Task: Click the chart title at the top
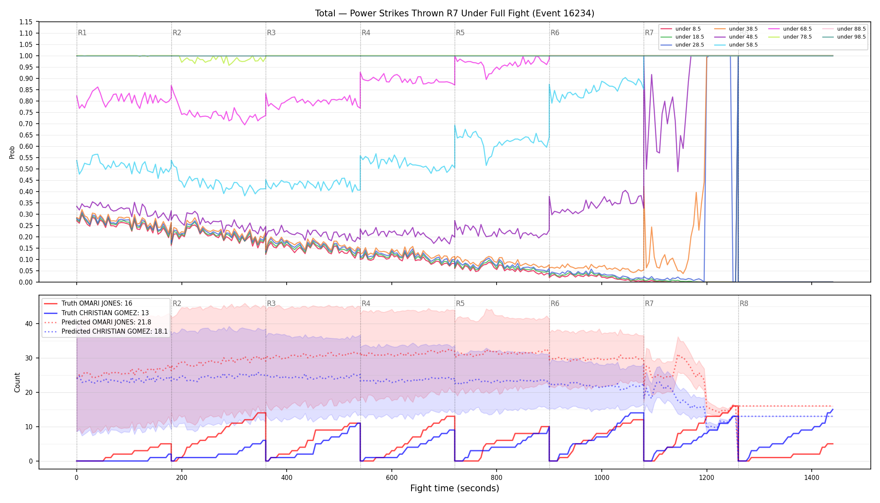(455, 13)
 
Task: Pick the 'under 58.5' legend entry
(736, 45)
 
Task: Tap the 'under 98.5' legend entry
(844, 37)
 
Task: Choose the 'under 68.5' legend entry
(790, 29)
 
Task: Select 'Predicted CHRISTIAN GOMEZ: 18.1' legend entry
(106, 332)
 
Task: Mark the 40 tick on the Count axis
(29, 324)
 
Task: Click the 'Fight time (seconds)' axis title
(455, 488)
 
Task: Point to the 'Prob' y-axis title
(12, 152)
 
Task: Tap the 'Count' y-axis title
(17, 382)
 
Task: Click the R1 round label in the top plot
(82, 33)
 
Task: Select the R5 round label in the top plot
(460, 33)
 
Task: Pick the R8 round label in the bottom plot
(744, 303)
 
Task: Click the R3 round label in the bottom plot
(271, 303)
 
